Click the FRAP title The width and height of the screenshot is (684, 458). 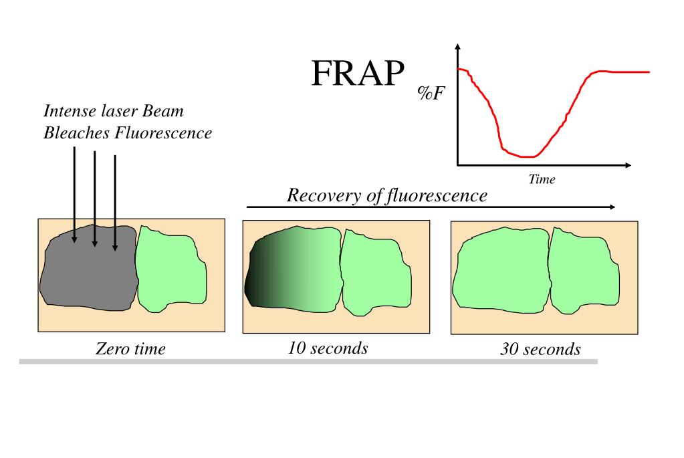point(358,74)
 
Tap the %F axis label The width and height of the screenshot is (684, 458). point(431,93)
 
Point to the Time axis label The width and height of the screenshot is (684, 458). point(542,179)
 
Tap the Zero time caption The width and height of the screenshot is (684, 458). point(130,348)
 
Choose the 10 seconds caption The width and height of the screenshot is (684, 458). point(328,348)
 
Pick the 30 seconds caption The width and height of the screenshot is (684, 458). point(540,349)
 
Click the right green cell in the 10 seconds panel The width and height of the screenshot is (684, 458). point(374,271)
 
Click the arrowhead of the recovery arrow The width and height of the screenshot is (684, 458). point(611,207)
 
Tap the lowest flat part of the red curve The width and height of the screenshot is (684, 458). point(527,156)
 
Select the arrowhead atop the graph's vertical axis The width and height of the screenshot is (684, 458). point(457,47)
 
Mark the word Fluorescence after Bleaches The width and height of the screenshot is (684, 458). point(163,132)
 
